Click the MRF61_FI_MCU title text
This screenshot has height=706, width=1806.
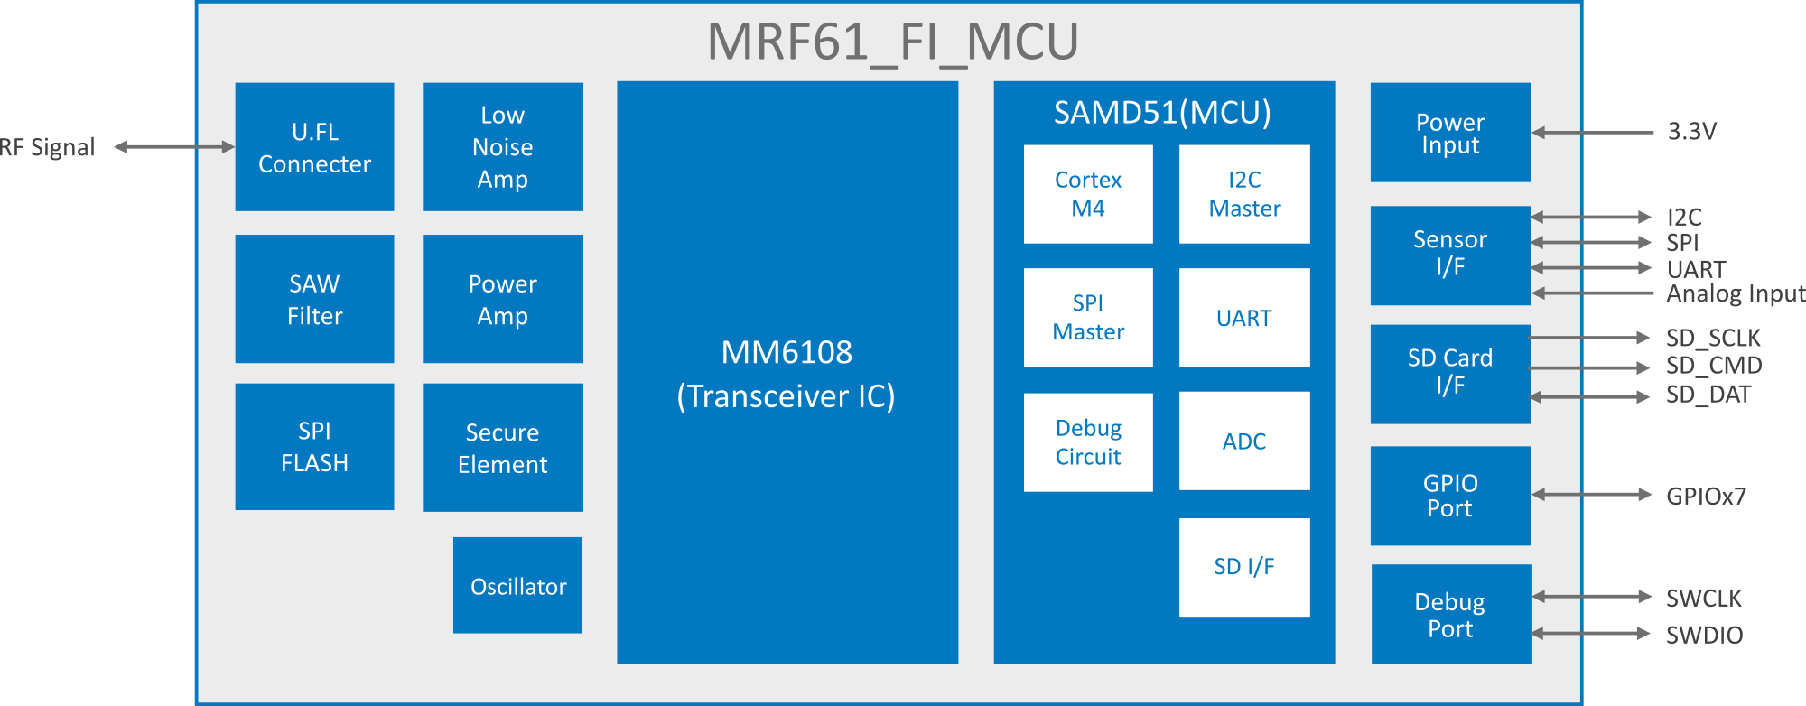892,42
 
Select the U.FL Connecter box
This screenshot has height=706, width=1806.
314,147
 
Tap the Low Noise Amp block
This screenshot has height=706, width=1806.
502,147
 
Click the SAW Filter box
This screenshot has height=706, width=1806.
314,299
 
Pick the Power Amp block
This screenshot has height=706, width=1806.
502,299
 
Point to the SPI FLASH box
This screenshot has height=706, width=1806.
314,447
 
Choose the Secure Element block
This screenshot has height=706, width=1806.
502,448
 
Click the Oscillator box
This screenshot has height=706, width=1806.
517,586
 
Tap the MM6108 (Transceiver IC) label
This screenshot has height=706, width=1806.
787,374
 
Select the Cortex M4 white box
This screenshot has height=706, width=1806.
1088,194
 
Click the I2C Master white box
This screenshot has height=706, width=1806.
1244,194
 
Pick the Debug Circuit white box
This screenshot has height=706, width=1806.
1088,442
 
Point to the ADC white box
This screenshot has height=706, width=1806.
1244,441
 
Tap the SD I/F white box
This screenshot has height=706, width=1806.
1244,567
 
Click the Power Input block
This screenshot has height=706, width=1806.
1450,133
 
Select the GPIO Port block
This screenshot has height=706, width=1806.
1450,496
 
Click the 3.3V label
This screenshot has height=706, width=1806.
1691,132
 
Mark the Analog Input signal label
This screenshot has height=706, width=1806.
1735,293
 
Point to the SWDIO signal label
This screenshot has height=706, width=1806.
1704,635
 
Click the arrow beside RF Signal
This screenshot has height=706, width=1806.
173,147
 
